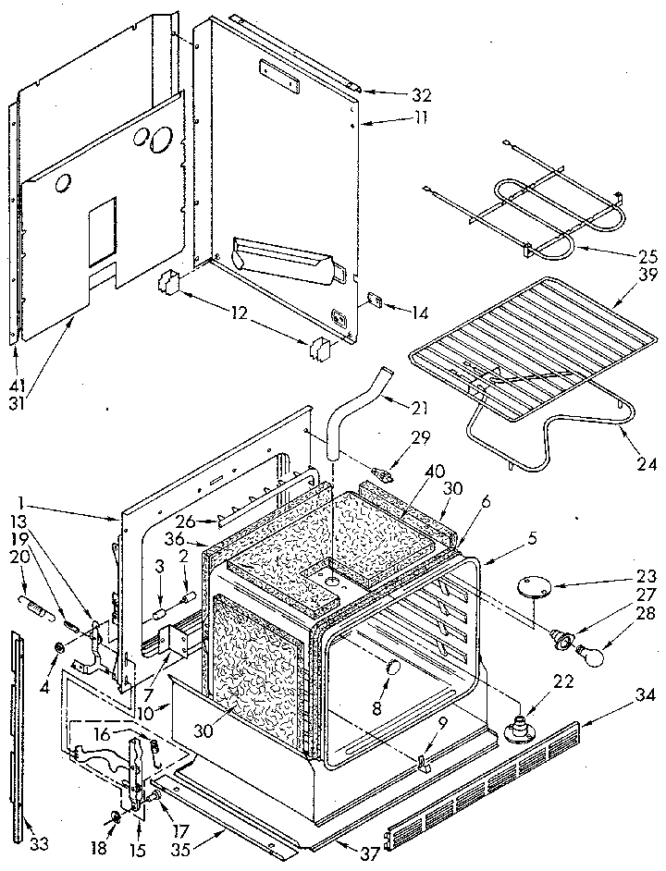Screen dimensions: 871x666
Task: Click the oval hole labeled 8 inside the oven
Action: pyautogui.click(x=392, y=668)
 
